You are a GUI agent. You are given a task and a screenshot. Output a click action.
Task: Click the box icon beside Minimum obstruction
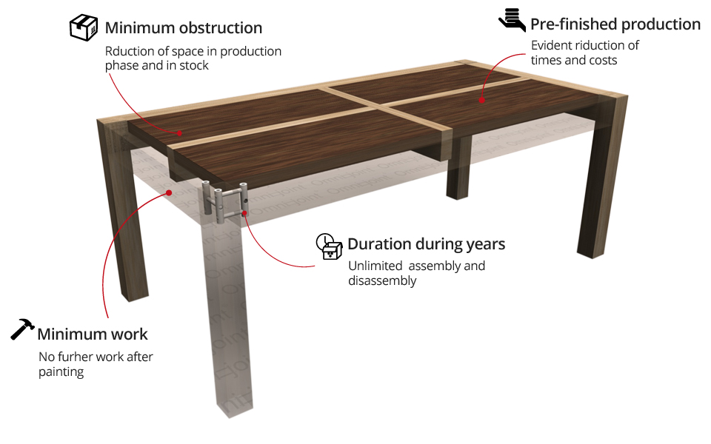(x=84, y=27)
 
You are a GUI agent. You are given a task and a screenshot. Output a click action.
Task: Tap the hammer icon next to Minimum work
(x=23, y=329)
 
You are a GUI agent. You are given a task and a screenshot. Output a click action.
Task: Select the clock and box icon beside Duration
(x=330, y=246)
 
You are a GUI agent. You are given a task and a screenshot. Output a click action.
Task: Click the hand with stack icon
(x=512, y=19)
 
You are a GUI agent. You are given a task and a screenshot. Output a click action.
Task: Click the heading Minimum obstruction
(x=184, y=29)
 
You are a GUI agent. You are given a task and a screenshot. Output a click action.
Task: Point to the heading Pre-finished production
(x=615, y=24)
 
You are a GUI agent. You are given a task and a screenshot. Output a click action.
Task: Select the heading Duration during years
(x=427, y=244)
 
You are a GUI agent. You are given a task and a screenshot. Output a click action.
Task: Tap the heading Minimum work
(x=93, y=334)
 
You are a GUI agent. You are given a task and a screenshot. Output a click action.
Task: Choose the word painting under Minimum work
(x=61, y=371)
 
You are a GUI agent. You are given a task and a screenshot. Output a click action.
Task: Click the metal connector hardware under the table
(x=224, y=201)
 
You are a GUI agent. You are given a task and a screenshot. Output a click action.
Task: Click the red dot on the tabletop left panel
(x=179, y=133)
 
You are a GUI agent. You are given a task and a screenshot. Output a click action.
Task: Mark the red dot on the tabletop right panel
(x=482, y=100)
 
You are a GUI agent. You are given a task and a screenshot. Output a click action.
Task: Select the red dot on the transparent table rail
(x=170, y=192)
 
